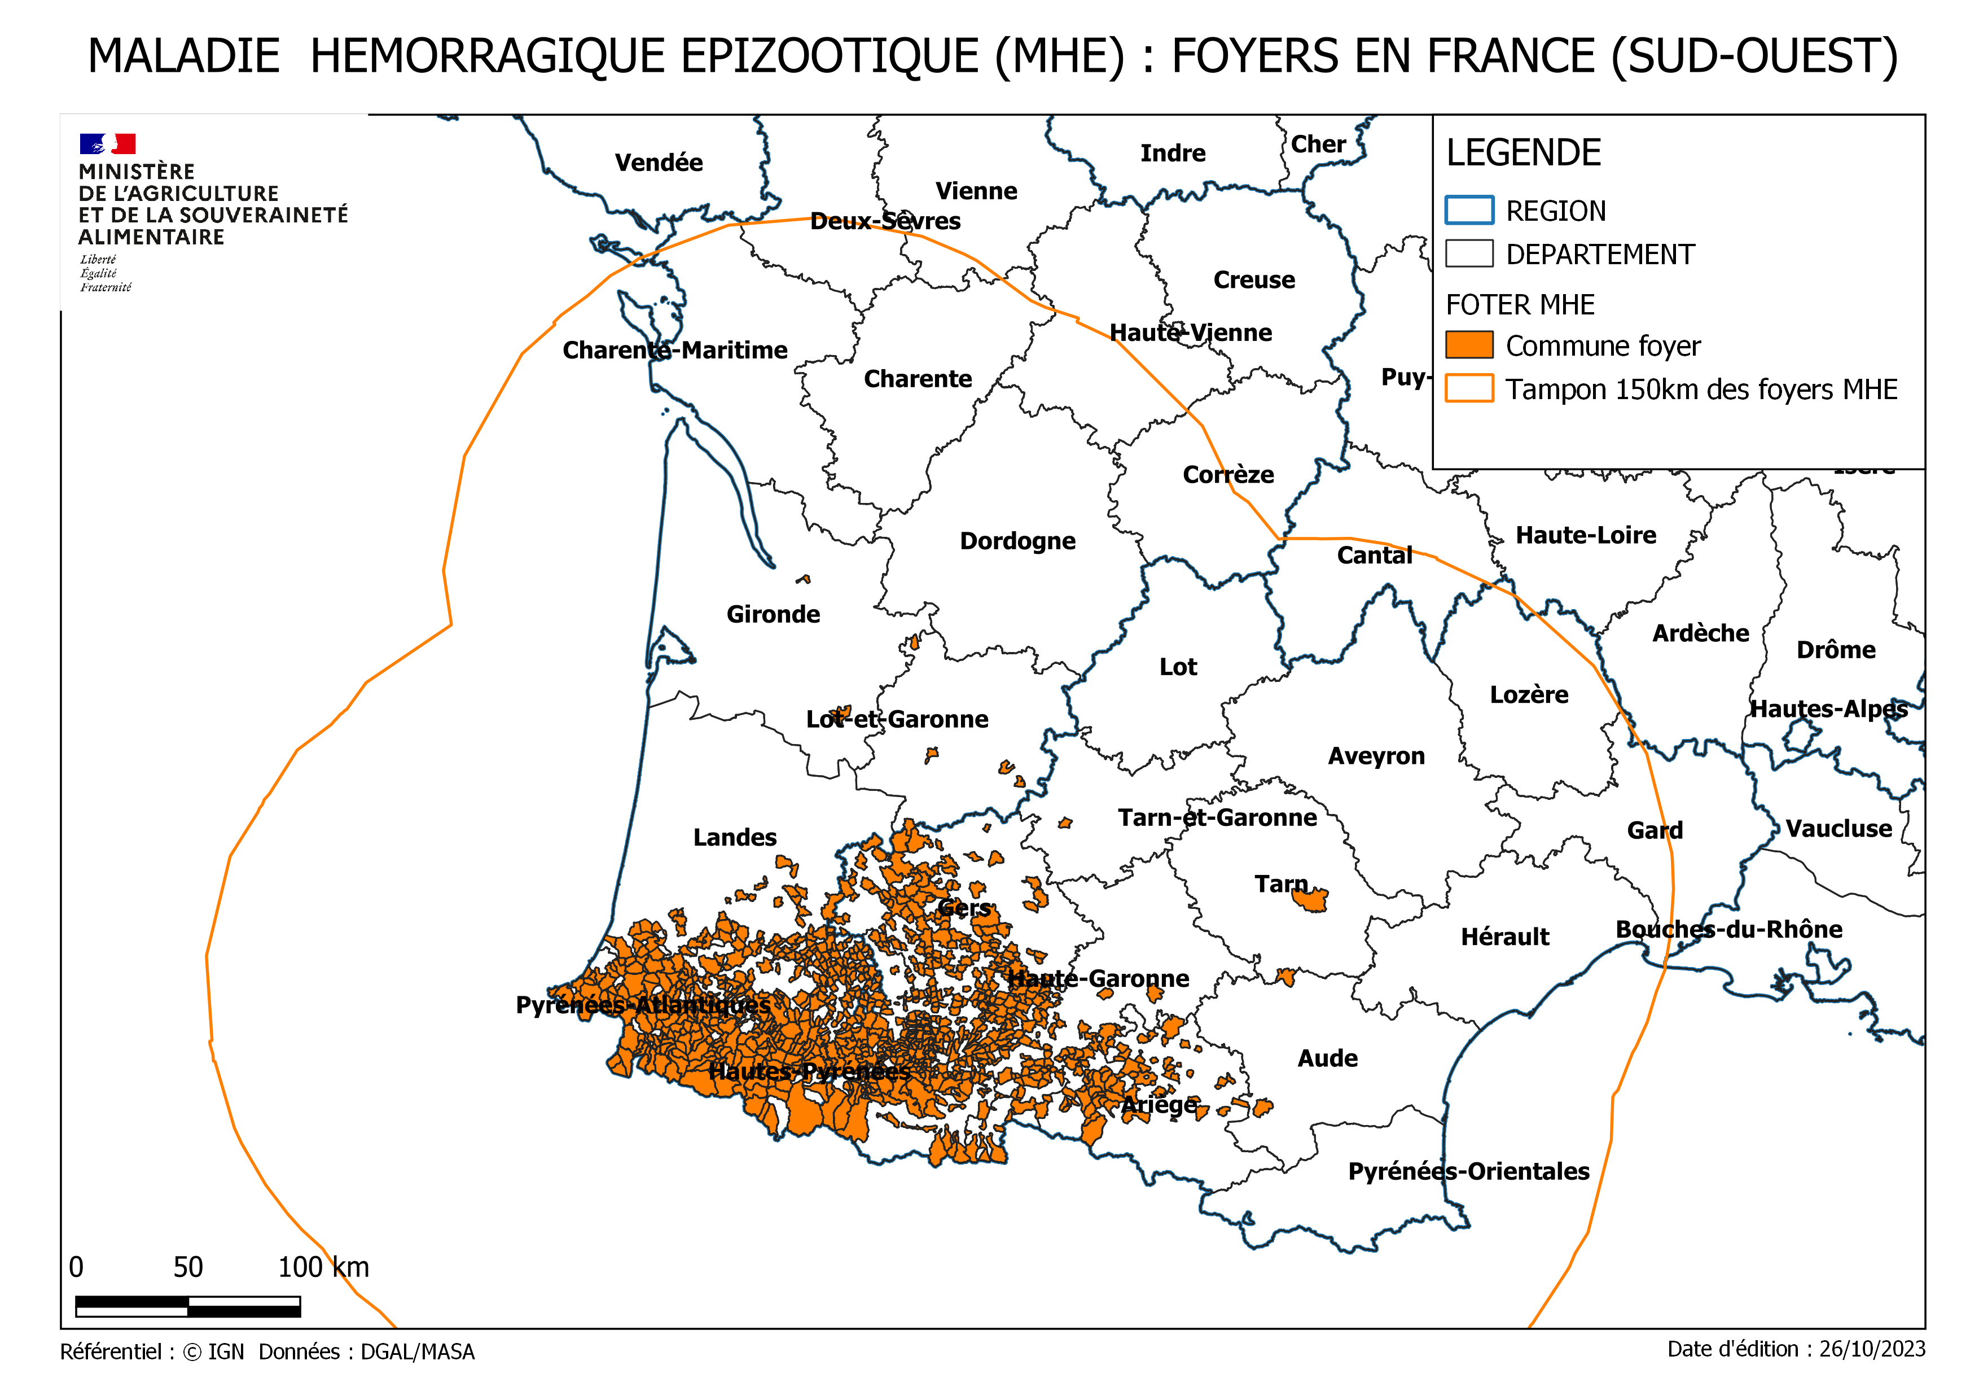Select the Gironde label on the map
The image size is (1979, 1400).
point(773,615)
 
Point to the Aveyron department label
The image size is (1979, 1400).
point(1376,756)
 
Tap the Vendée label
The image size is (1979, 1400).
point(659,163)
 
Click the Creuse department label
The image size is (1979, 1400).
point(1253,280)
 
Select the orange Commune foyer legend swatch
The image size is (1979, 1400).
point(1469,345)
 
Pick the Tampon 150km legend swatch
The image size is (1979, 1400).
point(1469,389)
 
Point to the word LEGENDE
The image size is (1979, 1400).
point(1523,154)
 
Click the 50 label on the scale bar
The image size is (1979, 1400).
point(188,1267)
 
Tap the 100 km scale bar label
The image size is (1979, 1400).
point(323,1267)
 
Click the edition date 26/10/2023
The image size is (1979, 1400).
point(1871,1349)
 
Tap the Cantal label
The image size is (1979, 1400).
point(1374,556)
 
